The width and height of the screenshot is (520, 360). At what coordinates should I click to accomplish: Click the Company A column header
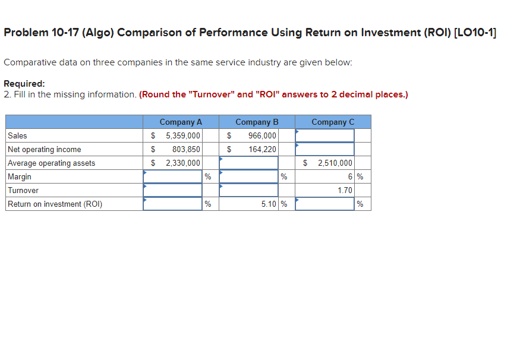click(x=181, y=122)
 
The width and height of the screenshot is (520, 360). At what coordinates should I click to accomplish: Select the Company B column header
click(x=257, y=122)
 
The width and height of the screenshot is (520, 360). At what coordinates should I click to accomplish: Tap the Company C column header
click(x=333, y=122)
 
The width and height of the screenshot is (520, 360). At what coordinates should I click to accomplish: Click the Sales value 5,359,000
click(x=182, y=135)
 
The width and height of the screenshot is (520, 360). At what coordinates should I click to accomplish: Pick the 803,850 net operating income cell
click(x=186, y=149)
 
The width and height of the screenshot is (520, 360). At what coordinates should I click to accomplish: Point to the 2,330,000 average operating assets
click(x=182, y=163)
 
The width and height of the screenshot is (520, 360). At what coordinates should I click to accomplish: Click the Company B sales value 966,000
click(x=262, y=135)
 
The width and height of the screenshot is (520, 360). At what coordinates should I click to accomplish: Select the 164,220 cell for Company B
click(x=262, y=149)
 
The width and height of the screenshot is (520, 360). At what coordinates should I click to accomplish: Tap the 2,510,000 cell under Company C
click(x=335, y=163)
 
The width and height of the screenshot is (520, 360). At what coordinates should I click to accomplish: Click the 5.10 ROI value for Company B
click(x=268, y=204)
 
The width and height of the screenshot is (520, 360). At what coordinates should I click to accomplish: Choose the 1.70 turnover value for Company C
click(x=345, y=190)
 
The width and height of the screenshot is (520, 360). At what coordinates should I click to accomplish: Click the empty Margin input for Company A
click(x=172, y=176)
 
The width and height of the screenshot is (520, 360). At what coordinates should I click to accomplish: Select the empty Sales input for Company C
click(x=324, y=135)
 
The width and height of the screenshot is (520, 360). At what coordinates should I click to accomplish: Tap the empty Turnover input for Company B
click(x=248, y=190)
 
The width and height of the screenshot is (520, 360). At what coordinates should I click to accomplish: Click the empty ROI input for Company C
click(x=324, y=204)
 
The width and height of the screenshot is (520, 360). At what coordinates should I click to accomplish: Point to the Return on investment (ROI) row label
click(x=55, y=204)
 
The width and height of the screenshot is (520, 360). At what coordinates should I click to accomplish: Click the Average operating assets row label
click(x=51, y=163)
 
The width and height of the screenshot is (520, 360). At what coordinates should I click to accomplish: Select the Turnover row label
click(x=23, y=190)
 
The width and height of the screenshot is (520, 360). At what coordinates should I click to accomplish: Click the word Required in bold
click(x=24, y=84)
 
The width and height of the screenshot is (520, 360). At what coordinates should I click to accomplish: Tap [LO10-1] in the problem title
click(x=474, y=33)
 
